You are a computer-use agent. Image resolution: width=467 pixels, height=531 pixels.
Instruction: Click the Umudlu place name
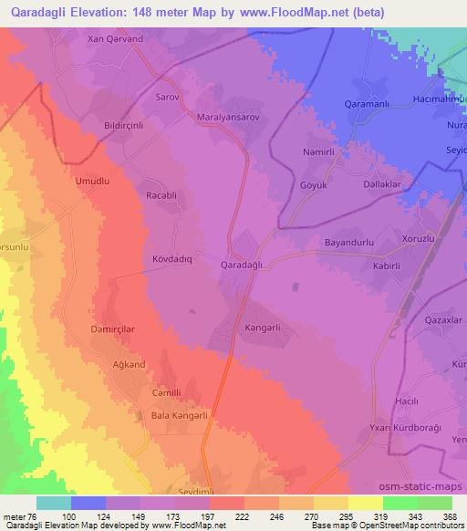tap(92, 182)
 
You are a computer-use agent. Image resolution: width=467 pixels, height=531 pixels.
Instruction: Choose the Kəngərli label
tap(267, 326)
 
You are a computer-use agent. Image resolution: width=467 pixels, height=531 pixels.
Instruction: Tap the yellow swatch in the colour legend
tap(365, 503)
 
